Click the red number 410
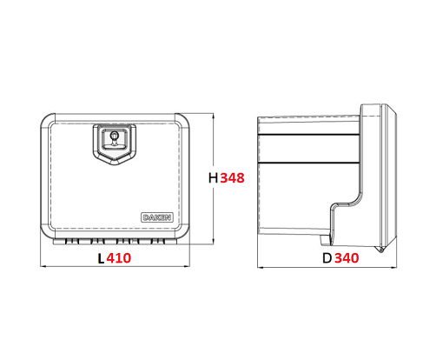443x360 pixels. (119, 258)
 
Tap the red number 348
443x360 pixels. (232, 177)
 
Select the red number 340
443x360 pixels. (347, 258)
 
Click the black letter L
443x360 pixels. (101, 258)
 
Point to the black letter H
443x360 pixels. (213, 177)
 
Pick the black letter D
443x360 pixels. (327, 258)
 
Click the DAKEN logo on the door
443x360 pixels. (157, 217)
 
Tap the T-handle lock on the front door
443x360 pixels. (115, 138)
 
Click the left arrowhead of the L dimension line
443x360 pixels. (43, 266)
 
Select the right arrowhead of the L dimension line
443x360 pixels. (188, 266)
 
